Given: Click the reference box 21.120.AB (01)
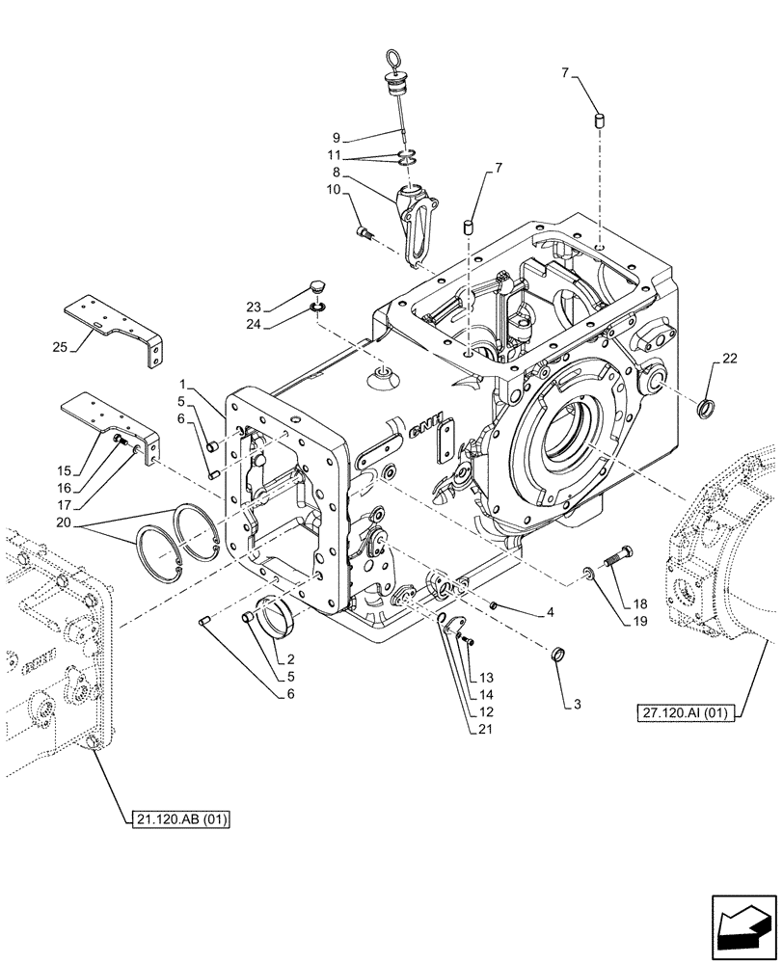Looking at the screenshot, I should (182, 819).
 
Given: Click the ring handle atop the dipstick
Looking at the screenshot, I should (394, 61).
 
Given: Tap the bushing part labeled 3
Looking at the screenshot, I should (556, 656).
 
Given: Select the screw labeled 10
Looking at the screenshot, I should (364, 231).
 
